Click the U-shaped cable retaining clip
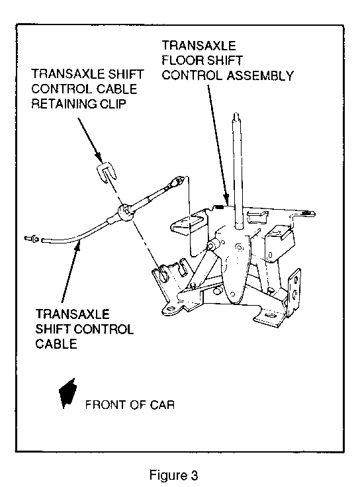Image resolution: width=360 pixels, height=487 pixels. (x=107, y=173)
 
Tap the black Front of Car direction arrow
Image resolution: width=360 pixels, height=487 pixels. (x=68, y=393)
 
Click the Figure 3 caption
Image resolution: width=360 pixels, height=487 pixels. (x=173, y=475)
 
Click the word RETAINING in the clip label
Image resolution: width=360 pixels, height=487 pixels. (x=64, y=104)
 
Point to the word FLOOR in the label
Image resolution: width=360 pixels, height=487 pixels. (x=181, y=60)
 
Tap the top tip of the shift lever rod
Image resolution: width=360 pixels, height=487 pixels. (x=236, y=114)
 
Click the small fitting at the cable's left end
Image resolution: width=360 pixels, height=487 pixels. (x=31, y=238)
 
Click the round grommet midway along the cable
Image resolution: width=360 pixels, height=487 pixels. (x=124, y=212)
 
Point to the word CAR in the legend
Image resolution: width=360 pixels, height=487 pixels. (x=162, y=405)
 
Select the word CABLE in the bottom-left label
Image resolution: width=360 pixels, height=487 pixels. (x=56, y=344)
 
